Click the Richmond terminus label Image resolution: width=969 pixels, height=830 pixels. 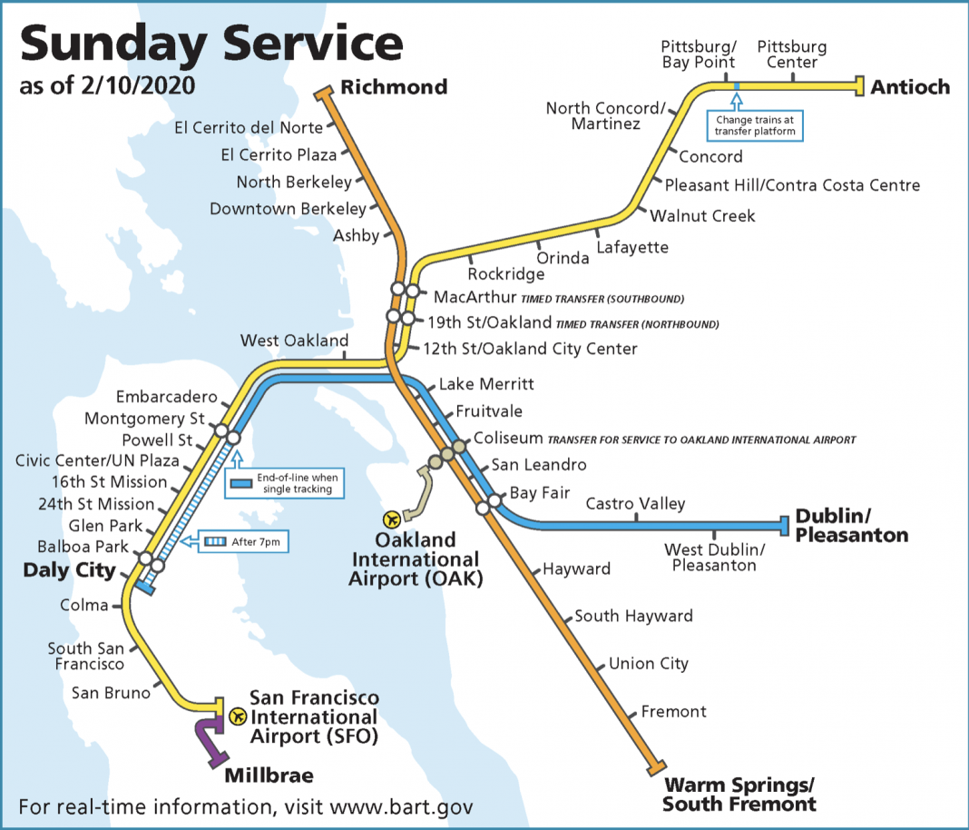coord(394,87)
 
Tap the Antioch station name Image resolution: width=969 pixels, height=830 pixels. coord(910,87)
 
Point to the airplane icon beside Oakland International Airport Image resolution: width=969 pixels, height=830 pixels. coord(392,519)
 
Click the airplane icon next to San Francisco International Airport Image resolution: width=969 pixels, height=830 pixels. coord(238,716)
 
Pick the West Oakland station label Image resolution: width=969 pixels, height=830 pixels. coord(294,341)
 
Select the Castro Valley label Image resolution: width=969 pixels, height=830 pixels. coord(635,504)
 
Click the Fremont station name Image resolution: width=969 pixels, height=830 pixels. coord(673,711)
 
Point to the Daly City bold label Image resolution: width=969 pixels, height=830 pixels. coord(70,571)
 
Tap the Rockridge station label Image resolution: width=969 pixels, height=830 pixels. coord(506,273)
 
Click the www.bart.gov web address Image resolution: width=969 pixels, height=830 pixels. coord(401,806)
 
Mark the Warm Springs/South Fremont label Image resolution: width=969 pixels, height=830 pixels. coord(739,794)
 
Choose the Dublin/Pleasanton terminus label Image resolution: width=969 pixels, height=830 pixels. coord(851,526)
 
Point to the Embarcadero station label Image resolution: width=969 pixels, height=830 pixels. coord(167,397)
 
